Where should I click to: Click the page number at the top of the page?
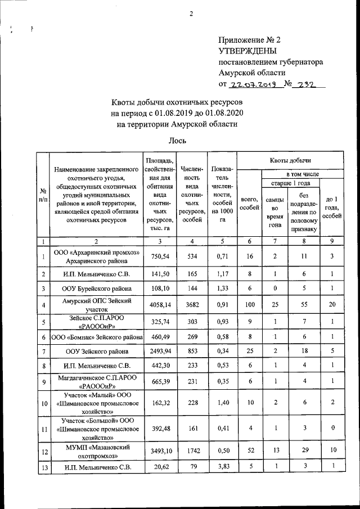(x=191, y=13)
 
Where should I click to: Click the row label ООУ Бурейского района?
(x=96, y=289)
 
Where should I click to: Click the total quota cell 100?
(x=249, y=305)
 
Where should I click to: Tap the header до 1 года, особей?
(x=332, y=208)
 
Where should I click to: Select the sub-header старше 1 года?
(x=289, y=184)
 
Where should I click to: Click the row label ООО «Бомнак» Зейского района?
(x=96, y=336)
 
